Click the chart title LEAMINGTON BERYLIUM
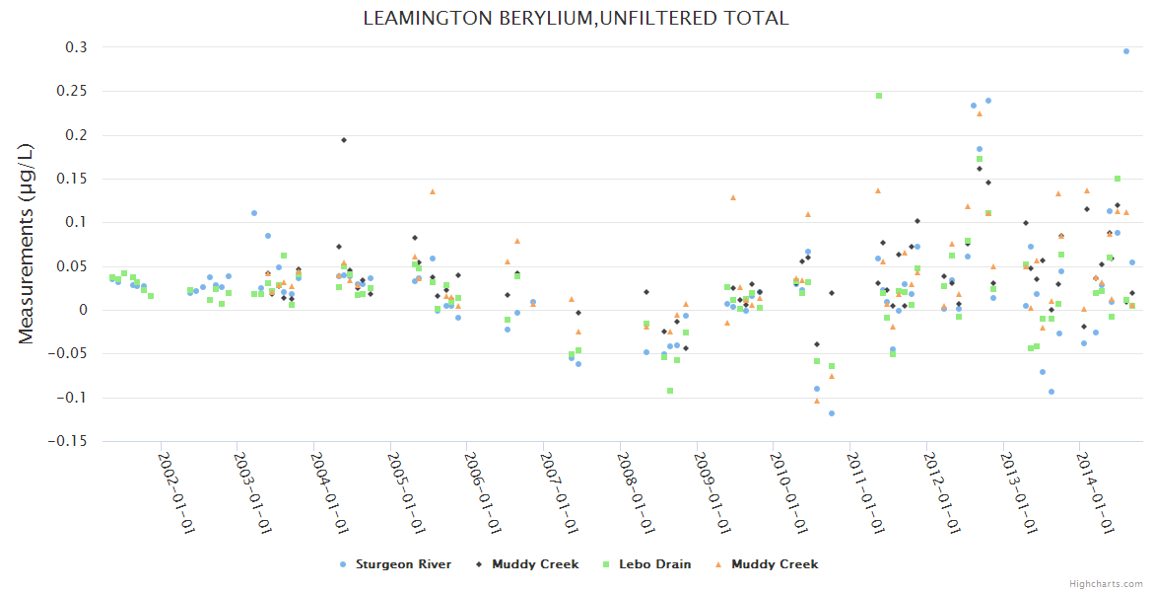coord(576,19)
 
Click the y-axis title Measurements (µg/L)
coord(27,244)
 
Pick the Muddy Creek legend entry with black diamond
coord(534,564)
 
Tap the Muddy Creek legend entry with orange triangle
coord(774,564)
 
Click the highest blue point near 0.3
coord(1126,51)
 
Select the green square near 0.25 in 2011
coord(879,96)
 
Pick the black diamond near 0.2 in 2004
coord(344,140)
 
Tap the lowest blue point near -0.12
coord(832,413)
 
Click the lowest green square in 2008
coord(670,391)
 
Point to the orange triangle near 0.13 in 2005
coord(433,191)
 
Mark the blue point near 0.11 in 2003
coord(254,213)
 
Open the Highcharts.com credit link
coord(1106,583)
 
